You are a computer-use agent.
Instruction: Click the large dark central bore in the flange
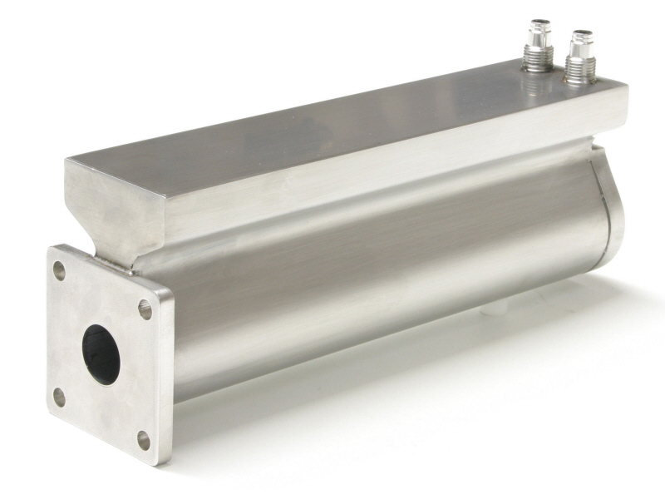click(101, 354)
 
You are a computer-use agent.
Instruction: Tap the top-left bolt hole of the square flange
click(59, 270)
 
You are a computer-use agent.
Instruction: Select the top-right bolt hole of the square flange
click(145, 309)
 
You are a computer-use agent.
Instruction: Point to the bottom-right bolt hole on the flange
click(144, 438)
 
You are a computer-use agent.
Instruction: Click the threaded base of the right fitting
click(580, 75)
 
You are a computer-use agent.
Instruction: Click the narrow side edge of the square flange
click(165, 374)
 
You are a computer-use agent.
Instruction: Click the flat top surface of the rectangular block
click(332, 125)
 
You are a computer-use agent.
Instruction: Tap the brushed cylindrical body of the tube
click(374, 274)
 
